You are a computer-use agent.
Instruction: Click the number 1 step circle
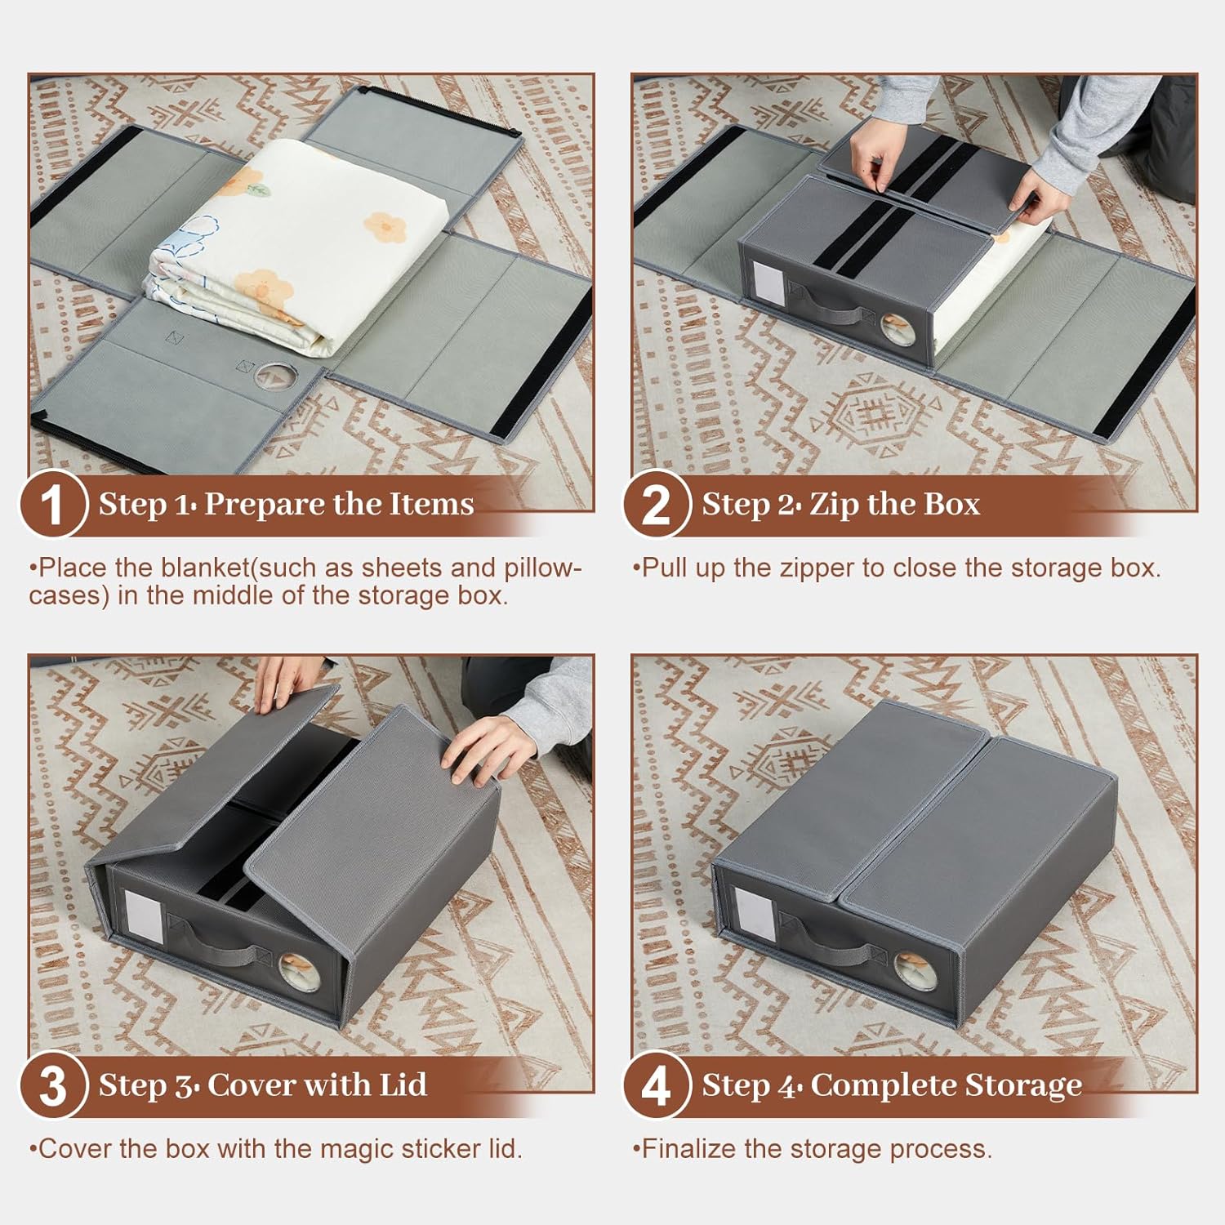tap(52, 504)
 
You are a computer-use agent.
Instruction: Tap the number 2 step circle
tap(656, 504)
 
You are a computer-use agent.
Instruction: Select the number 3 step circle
tap(52, 1085)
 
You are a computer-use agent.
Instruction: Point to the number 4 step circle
tap(656, 1085)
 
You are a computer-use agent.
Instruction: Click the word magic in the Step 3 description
tap(359, 1150)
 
